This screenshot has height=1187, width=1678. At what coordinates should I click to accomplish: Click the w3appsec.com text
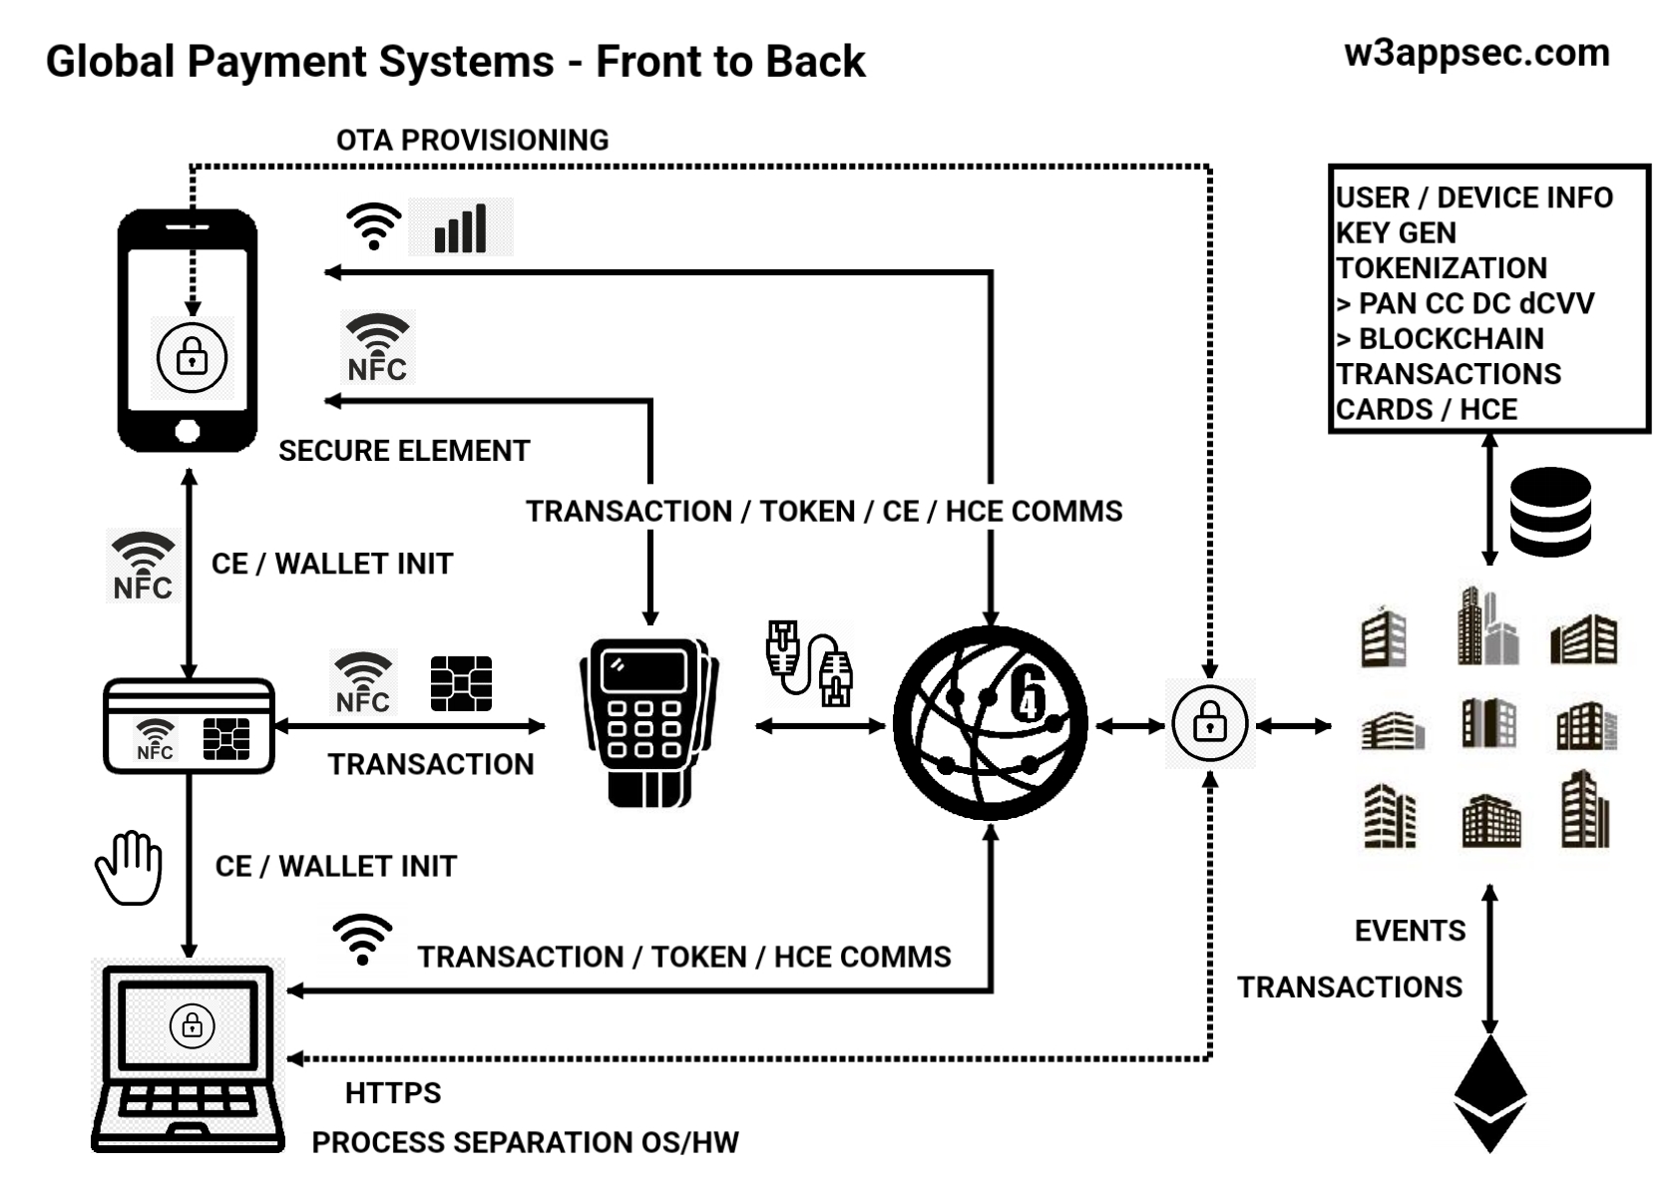(x=1476, y=53)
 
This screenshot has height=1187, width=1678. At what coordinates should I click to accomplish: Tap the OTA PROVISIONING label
(x=472, y=140)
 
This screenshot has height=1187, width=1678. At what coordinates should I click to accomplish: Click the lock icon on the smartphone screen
(x=192, y=357)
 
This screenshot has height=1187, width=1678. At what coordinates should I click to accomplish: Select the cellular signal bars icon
(x=460, y=227)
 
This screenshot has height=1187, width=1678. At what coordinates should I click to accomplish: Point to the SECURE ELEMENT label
(x=404, y=451)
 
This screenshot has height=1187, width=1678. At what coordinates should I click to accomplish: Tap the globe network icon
(x=990, y=723)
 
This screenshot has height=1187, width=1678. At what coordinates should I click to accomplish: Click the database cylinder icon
(x=1549, y=512)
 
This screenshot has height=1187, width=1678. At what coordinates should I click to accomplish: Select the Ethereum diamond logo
(x=1489, y=1093)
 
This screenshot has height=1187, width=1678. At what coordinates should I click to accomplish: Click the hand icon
(x=130, y=867)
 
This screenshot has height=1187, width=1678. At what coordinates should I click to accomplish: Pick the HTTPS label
(x=393, y=1093)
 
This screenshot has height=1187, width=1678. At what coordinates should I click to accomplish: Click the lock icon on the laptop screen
(x=192, y=1025)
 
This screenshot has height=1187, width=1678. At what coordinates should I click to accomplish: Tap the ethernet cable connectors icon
(x=809, y=663)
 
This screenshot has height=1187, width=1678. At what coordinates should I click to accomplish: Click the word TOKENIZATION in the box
(x=1442, y=268)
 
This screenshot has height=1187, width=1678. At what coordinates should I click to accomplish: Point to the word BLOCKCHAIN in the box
(x=1452, y=339)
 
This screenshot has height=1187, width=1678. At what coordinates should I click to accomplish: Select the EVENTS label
(x=1410, y=931)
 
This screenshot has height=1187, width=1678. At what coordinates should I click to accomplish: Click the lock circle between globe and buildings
(x=1209, y=724)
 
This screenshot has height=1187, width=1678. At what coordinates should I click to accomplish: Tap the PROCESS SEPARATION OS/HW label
(x=525, y=1142)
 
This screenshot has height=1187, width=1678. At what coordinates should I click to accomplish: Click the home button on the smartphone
(x=188, y=431)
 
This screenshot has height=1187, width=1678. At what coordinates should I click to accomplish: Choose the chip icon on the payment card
(x=226, y=739)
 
